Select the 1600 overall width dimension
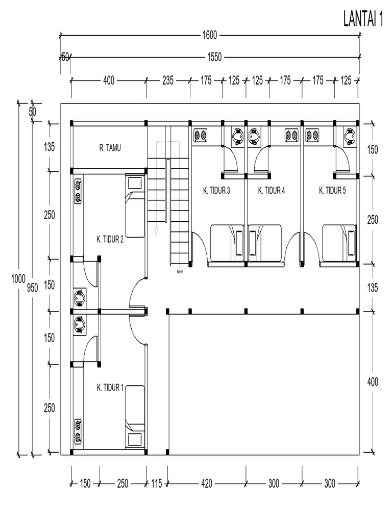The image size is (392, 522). click(210, 35)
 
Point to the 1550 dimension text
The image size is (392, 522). click(214, 58)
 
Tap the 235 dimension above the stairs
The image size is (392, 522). click(168, 81)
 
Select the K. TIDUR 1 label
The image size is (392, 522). click(110, 388)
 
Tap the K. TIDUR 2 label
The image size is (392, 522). click(110, 238)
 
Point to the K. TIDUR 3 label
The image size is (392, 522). click(216, 191)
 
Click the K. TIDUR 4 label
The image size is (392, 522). click(272, 191)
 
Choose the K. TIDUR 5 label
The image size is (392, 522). click(332, 191)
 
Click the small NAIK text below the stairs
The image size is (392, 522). click(180, 271)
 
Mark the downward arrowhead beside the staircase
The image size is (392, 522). click(157, 231)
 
